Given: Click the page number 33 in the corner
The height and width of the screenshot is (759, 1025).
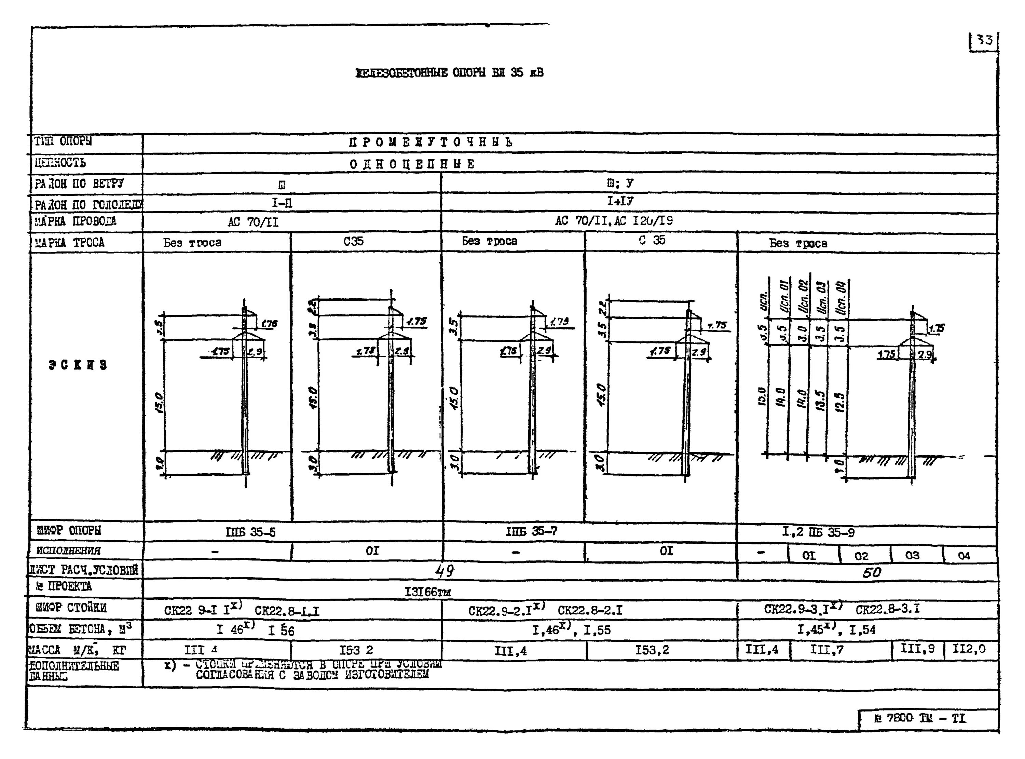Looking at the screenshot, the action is tap(984, 40).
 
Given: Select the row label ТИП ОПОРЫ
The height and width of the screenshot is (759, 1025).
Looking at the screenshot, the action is tap(63, 141).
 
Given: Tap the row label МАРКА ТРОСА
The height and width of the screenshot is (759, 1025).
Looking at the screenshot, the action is tap(70, 243).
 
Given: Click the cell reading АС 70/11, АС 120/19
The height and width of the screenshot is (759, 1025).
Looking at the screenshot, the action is tap(614, 221).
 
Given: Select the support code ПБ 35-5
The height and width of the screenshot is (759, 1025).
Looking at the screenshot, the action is tap(251, 532).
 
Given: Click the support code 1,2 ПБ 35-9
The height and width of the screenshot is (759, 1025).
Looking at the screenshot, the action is tap(818, 532).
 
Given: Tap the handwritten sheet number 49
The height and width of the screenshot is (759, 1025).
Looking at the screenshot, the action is tap(445, 571).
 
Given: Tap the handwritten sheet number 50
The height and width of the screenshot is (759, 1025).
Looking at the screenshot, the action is tap(871, 572).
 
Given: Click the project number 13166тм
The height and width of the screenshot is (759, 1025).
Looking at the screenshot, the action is tap(427, 592).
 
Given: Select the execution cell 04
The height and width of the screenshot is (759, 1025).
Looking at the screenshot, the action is tap(964, 555).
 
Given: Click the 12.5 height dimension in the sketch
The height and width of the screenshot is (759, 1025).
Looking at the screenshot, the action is tap(840, 402).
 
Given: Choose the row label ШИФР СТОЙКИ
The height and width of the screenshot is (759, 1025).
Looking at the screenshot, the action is tap(71, 608).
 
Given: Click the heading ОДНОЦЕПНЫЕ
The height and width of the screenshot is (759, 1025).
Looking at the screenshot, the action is tap(412, 164).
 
